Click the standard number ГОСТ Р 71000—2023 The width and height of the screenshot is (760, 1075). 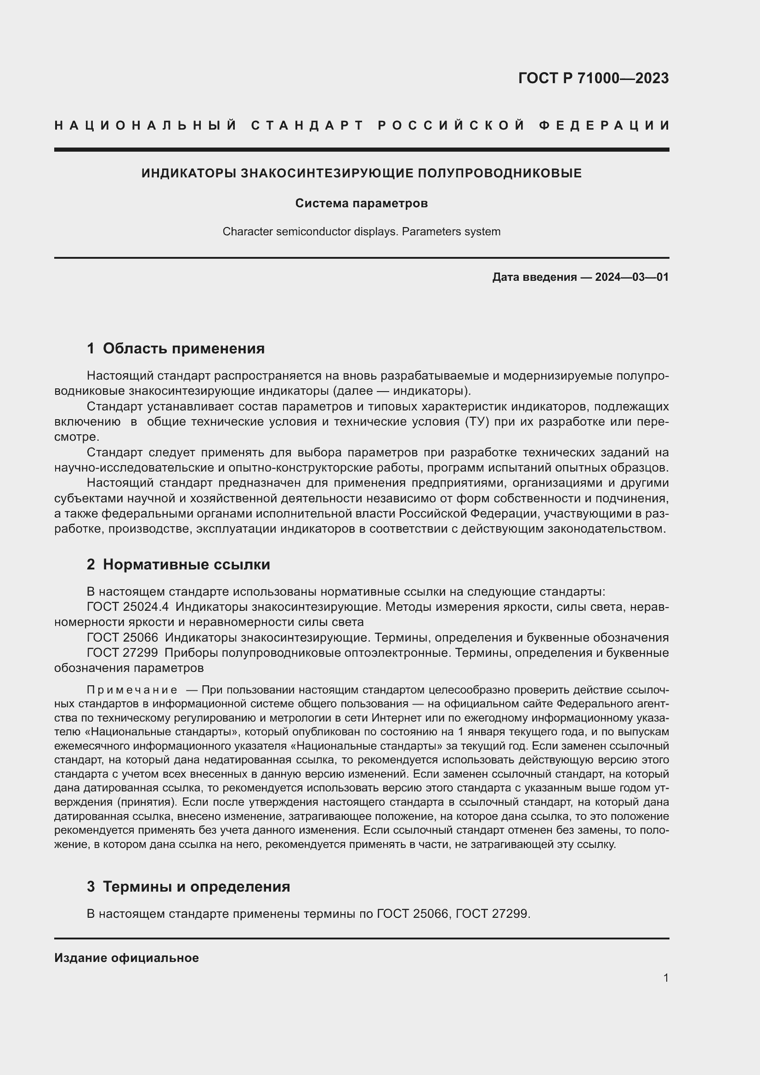593,78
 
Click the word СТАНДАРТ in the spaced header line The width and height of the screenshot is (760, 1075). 307,125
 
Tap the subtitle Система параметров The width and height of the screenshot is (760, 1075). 361,203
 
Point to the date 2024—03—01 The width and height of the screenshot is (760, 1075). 631,277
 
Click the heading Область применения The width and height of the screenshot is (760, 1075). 183,348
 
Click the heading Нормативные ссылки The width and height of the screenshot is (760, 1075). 186,564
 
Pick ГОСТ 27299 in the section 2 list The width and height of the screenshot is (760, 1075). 122,653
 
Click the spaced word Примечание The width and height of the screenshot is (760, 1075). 132,690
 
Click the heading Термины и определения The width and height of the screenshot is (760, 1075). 196,886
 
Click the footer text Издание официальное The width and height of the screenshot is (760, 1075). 126,958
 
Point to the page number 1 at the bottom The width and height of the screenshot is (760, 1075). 665,978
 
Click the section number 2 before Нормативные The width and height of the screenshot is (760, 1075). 91,564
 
